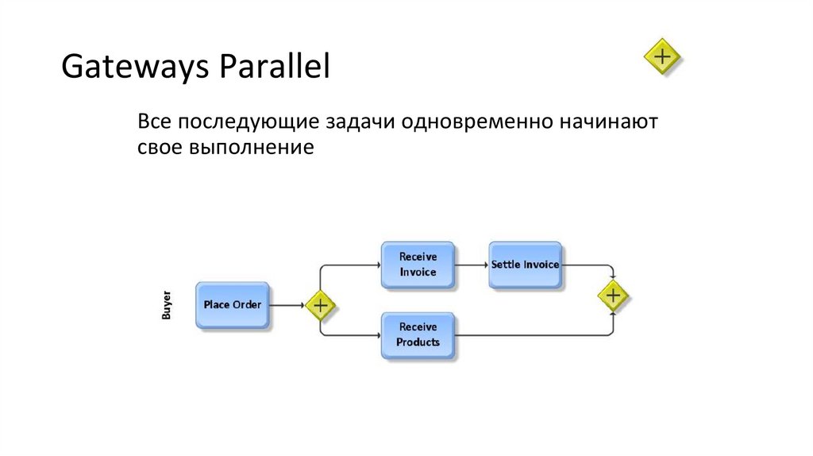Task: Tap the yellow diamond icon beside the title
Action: click(x=662, y=56)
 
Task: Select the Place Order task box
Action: click(x=233, y=305)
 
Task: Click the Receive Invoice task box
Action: click(x=418, y=265)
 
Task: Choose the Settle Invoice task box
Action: click(x=525, y=265)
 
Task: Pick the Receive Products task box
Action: click(x=418, y=335)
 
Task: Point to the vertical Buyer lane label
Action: click(x=167, y=306)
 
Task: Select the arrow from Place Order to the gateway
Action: click(x=288, y=305)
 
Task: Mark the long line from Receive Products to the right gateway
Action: click(x=532, y=336)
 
